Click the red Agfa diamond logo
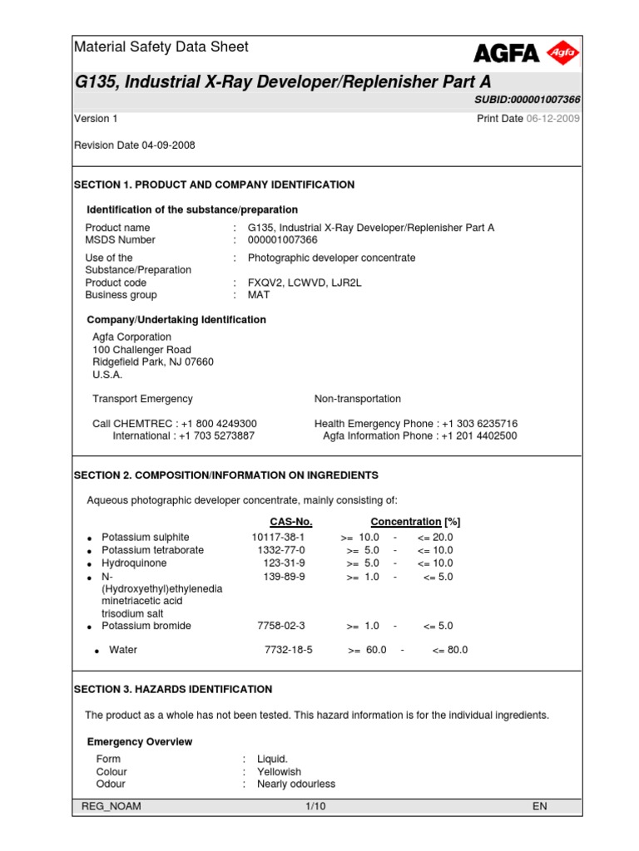point(563,53)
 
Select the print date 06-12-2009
point(553,119)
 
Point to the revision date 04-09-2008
point(169,145)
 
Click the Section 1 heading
point(214,184)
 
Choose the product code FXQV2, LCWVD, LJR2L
point(305,283)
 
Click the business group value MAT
point(259,295)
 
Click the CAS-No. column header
point(291,522)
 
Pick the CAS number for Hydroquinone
point(283,563)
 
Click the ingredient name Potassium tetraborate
point(152,550)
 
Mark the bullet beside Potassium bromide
point(89,627)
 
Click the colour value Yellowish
point(279,772)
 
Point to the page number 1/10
point(315,807)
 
